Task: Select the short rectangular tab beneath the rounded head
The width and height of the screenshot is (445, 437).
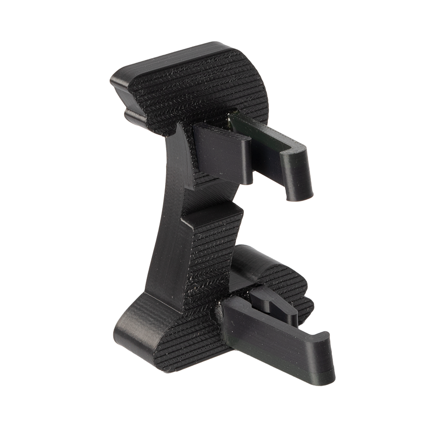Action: (218, 148)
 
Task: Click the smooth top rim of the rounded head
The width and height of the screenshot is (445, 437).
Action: (173, 57)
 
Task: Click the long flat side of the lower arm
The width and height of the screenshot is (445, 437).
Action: (272, 341)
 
